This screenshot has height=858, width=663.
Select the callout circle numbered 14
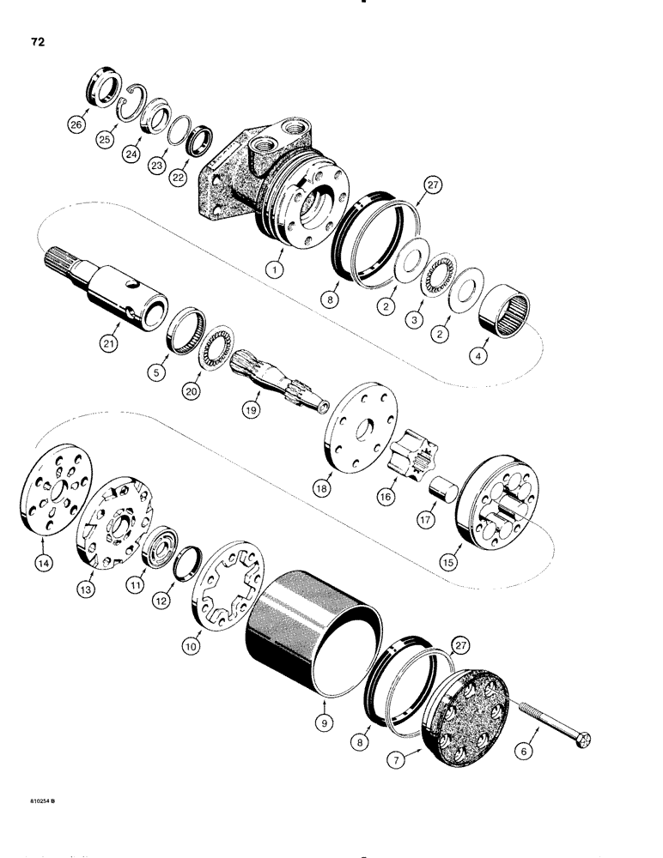[42, 541]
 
